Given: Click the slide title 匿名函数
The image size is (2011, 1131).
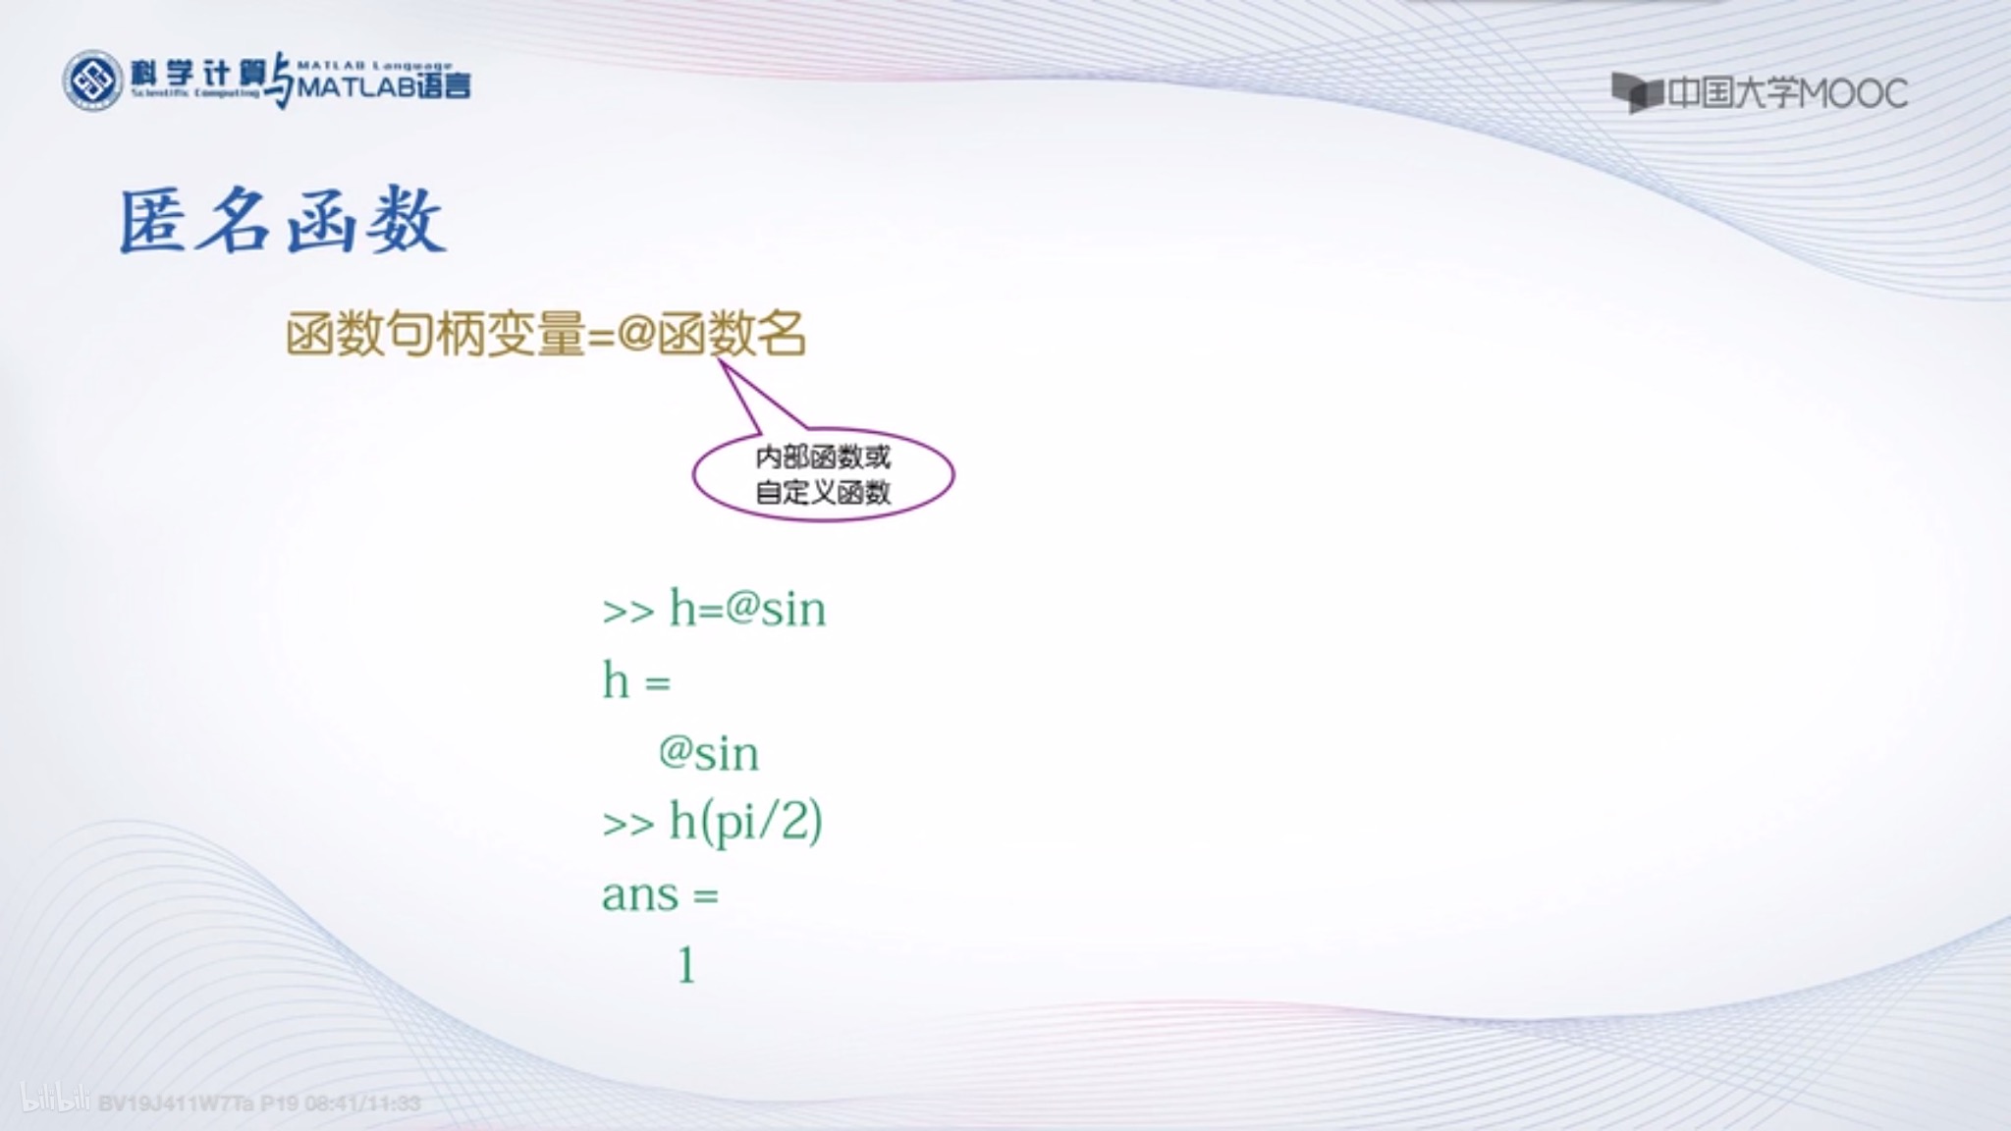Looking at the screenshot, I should pyautogui.click(x=283, y=222).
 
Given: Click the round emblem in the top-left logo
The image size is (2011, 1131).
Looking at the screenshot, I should pyautogui.click(x=92, y=81).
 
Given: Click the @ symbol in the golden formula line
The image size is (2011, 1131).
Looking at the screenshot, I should pyautogui.click(x=636, y=334).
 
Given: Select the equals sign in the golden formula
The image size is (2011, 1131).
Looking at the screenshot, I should pyautogui.click(x=600, y=336).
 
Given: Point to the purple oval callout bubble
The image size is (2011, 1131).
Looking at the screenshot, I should pyautogui.click(x=823, y=475).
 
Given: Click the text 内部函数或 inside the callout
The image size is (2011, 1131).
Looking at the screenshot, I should pyautogui.click(x=823, y=458).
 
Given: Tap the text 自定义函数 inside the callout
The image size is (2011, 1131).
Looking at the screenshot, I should pyautogui.click(x=823, y=492).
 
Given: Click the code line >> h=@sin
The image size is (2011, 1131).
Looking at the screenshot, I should pyautogui.click(x=714, y=609).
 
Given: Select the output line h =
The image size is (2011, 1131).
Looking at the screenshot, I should pyautogui.click(x=636, y=680).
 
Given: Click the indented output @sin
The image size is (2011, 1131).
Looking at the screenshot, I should pyautogui.click(x=708, y=753).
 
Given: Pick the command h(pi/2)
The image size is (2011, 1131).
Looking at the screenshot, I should pyautogui.click(x=745, y=822).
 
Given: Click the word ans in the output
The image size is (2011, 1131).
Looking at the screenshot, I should pyautogui.click(x=640, y=894).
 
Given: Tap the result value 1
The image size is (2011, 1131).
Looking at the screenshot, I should pyautogui.click(x=686, y=965).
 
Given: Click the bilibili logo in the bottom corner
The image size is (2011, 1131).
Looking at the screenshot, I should pyautogui.click(x=55, y=1100).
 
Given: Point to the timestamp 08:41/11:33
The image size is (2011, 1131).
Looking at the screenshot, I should pyautogui.click(x=362, y=1104).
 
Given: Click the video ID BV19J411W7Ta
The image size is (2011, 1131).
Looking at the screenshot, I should pyautogui.click(x=176, y=1104).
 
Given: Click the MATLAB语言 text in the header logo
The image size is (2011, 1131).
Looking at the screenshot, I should pyautogui.click(x=384, y=86).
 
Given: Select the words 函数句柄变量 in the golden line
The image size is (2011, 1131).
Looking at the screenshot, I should pyautogui.click(x=435, y=334).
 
